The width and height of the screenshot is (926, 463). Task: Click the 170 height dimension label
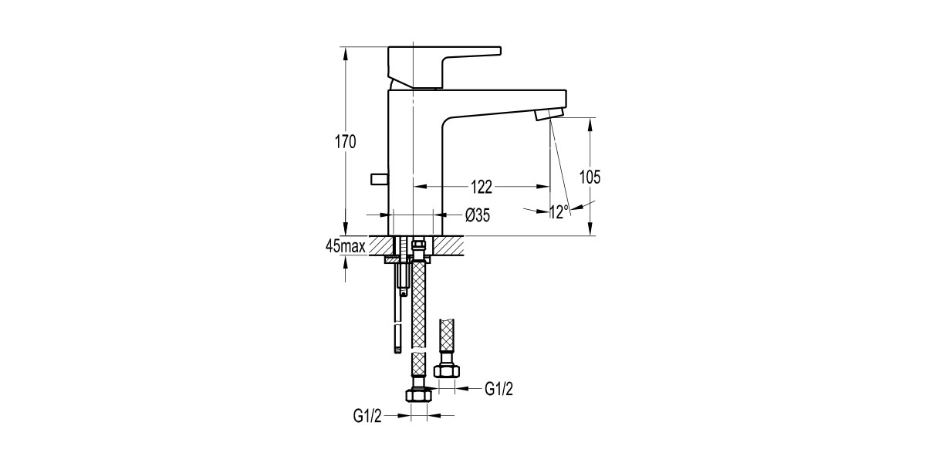coord(345,142)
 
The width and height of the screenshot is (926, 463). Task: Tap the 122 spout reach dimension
coord(481,187)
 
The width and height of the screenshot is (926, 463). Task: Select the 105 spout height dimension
coord(590,177)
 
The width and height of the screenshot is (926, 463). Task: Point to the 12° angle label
coord(559,211)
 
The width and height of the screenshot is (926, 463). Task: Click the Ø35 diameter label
coord(478,216)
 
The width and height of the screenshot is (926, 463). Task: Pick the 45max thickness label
coord(345,246)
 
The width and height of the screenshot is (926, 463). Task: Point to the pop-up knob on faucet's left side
coord(379,180)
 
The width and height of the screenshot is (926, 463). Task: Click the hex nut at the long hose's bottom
coord(417,395)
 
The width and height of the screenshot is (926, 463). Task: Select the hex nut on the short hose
coord(447,371)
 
